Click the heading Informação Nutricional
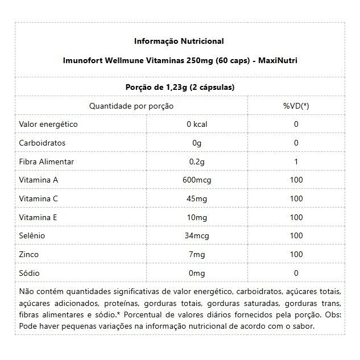[179, 41]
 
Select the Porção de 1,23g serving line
[179, 87]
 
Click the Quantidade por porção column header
[131, 106]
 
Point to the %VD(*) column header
[296, 106]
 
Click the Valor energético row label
[48, 124]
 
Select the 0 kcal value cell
[197, 125]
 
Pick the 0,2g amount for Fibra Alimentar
[197, 162]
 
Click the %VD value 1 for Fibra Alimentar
[296, 162]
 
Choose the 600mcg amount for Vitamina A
[197, 180]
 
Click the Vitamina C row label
[39, 198]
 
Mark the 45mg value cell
[197, 199]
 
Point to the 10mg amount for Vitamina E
[197, 217]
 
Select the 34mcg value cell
[197, 236]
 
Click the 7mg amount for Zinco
[197, 255]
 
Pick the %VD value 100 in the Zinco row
[296, 255]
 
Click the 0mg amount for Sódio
[197, 273]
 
